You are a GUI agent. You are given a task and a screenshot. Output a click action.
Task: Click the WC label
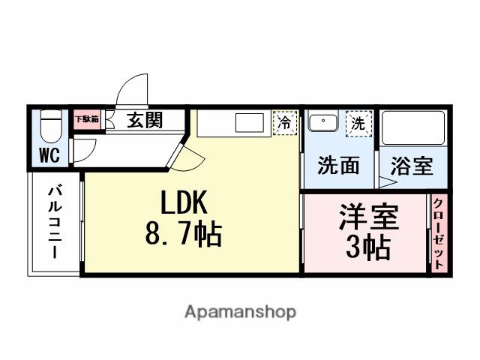(49, 156)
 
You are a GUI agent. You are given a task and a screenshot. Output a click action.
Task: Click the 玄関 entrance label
(144, 119)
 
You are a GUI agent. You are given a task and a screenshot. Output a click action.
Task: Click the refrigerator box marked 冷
(284, 123)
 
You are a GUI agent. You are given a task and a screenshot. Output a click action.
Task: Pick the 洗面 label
(337, 166)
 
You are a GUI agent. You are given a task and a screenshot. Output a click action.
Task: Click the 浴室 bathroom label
(412, 166)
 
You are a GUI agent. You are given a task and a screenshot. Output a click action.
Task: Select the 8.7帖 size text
(182, 236)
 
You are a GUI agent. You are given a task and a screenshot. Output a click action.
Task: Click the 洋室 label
(365, 217)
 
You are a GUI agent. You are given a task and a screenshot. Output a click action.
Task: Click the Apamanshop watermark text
(240, 311)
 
